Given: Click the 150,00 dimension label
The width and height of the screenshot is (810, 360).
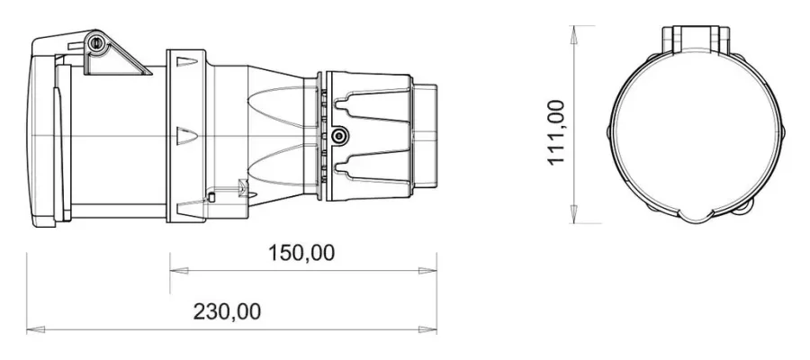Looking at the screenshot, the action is pyautogui.click(x=301, y=253).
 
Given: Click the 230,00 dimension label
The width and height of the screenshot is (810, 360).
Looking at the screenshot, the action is pyautogui.click(x=228, y=312).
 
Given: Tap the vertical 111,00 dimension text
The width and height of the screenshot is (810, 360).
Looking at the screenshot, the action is pyautogui.click(x=556, y=132).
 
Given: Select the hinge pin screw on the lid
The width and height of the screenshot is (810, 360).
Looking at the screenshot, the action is pyautogui.click(x=95, y=43).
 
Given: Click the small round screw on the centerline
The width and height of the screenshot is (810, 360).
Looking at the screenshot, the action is pyautogui.click(x=339, y=137).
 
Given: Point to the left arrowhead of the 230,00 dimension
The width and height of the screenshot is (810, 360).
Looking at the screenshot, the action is pyautogui.click(x=36, y=329).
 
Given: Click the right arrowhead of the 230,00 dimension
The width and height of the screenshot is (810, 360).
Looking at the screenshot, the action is pyautogui.click(x=427, y=329).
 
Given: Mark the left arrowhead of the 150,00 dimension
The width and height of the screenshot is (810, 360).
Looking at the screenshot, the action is pyautogui.click(x=179, y=270).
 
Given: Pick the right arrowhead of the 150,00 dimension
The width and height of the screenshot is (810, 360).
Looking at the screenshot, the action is pyautogui.click(x=427, y=270).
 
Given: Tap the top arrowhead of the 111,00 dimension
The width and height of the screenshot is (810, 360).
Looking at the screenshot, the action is pyautogui.click(x=573, y=34).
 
